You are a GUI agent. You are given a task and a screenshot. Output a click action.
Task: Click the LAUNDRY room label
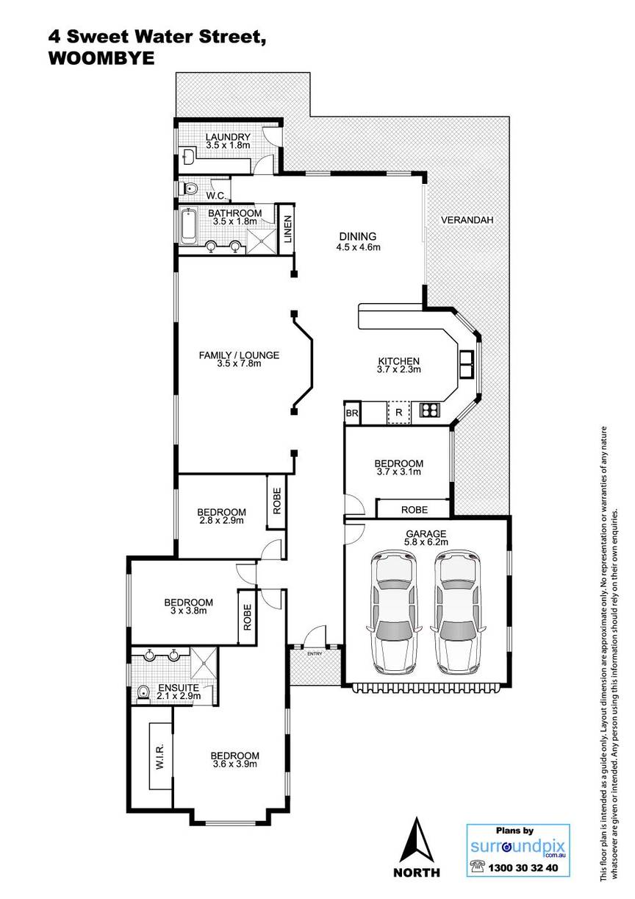[228, 138]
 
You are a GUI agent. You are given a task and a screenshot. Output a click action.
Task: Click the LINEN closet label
[287, 230]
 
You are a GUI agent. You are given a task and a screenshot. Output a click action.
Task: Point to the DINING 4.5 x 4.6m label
[358, 241]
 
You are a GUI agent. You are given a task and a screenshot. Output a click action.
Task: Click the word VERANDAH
[467, 220]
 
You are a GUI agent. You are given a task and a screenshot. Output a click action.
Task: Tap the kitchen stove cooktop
[430, 410]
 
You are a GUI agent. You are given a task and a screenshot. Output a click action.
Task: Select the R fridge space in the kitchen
[399, 412]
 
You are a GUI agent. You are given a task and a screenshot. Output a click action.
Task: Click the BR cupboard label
[352, 413]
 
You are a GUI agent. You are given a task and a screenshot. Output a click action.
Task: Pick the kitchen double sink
[467, 364]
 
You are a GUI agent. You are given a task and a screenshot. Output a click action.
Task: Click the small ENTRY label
[315, 654]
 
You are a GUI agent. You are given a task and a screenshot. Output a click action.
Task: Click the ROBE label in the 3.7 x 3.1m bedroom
[415, 510]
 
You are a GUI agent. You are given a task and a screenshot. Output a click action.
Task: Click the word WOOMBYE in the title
[101, 59]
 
